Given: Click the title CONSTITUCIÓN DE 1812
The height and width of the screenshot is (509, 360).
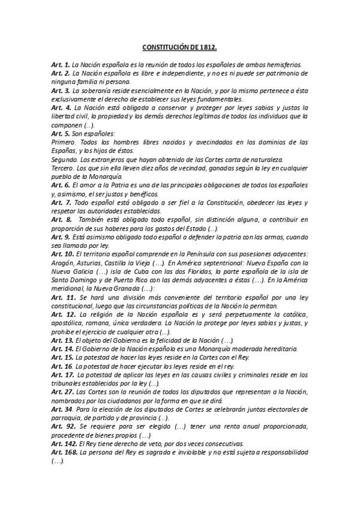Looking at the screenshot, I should coord(179,46).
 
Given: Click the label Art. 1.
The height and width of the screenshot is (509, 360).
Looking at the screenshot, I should coord(61,64).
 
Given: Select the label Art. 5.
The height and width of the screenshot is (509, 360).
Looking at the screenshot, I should coord(61,133).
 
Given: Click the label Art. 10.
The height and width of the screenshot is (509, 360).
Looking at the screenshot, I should coord(62,256).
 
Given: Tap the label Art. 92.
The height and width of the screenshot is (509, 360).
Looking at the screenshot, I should coord(63,427).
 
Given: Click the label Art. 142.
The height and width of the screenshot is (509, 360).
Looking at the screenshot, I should coord(64,445).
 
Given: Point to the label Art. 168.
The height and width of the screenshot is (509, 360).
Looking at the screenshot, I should coord(64,453).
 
